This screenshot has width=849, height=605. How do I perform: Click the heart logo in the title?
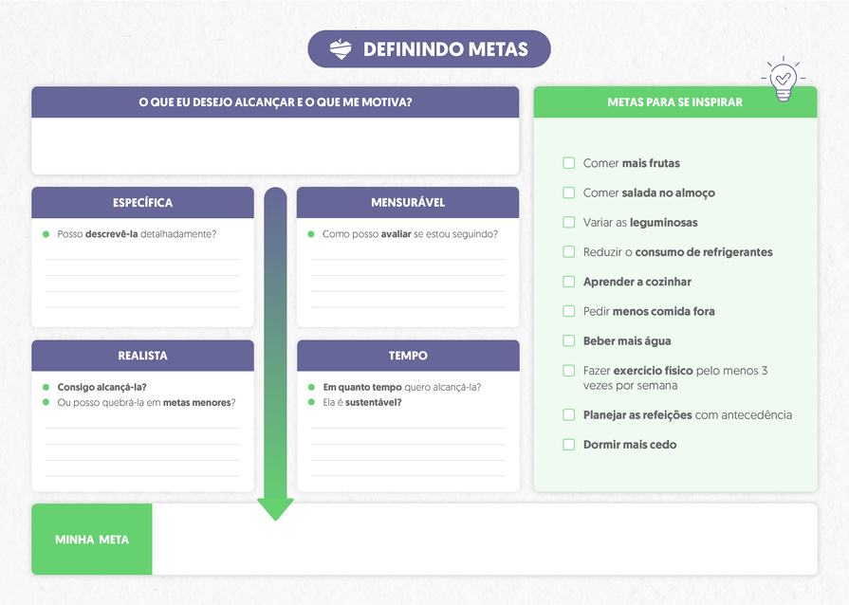click(341, 49)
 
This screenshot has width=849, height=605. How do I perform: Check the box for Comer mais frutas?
click(569, 163)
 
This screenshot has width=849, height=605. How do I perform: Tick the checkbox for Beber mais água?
click(569, 340)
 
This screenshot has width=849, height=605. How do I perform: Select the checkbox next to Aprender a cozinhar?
click(569, 282)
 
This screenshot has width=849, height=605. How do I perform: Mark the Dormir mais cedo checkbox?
click(569, 444)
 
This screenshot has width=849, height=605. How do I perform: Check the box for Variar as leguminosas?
click(569, 222)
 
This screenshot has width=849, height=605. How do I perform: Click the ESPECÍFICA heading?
click(142, 203)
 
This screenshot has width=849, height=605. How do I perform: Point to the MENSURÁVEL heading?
click(408, 203)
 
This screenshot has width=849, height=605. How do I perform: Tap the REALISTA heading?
click(142, 356)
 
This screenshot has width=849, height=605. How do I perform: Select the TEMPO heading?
click(408, 356)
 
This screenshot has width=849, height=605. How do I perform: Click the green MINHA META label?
click(92, 540)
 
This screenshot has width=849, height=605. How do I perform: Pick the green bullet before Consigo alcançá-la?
click(46, 387)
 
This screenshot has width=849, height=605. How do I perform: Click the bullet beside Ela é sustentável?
click(311, 402)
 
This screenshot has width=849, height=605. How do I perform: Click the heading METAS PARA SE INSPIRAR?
click(674, 102)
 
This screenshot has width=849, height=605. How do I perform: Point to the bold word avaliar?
click(396, 234)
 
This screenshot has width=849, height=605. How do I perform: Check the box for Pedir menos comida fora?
click(569, 311)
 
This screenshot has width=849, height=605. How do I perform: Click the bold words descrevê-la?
click(112, 234)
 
